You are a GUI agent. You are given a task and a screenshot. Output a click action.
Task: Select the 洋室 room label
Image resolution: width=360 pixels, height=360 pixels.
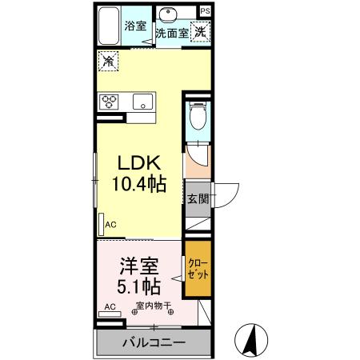point(138,265)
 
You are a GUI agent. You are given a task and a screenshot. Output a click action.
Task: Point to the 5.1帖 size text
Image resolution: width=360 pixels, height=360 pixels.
point(139,286)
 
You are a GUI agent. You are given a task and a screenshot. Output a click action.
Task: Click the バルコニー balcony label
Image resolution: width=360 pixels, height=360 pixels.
point(154,343)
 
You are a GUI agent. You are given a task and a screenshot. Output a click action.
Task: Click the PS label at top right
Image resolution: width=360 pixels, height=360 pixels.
point(206,10)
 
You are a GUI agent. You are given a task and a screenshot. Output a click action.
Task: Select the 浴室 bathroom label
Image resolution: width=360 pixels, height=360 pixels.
point(134,25)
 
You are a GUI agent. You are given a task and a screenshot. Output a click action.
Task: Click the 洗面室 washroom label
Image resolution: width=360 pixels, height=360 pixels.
point(171,34)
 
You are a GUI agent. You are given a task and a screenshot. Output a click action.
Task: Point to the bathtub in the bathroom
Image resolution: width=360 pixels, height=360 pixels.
point(108,27)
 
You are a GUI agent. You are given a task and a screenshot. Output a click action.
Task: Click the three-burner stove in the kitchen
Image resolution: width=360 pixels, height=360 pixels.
point(110,102)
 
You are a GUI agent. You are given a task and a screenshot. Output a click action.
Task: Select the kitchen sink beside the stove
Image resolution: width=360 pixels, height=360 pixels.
point(142,102)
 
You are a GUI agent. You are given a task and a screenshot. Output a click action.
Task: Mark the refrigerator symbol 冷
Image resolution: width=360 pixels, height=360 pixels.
point(109,60)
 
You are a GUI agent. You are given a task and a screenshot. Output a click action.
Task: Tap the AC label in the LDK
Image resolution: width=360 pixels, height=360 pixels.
point(111,226)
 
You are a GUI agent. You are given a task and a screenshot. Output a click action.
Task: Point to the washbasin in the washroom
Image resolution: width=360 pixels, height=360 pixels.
point(170,14)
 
